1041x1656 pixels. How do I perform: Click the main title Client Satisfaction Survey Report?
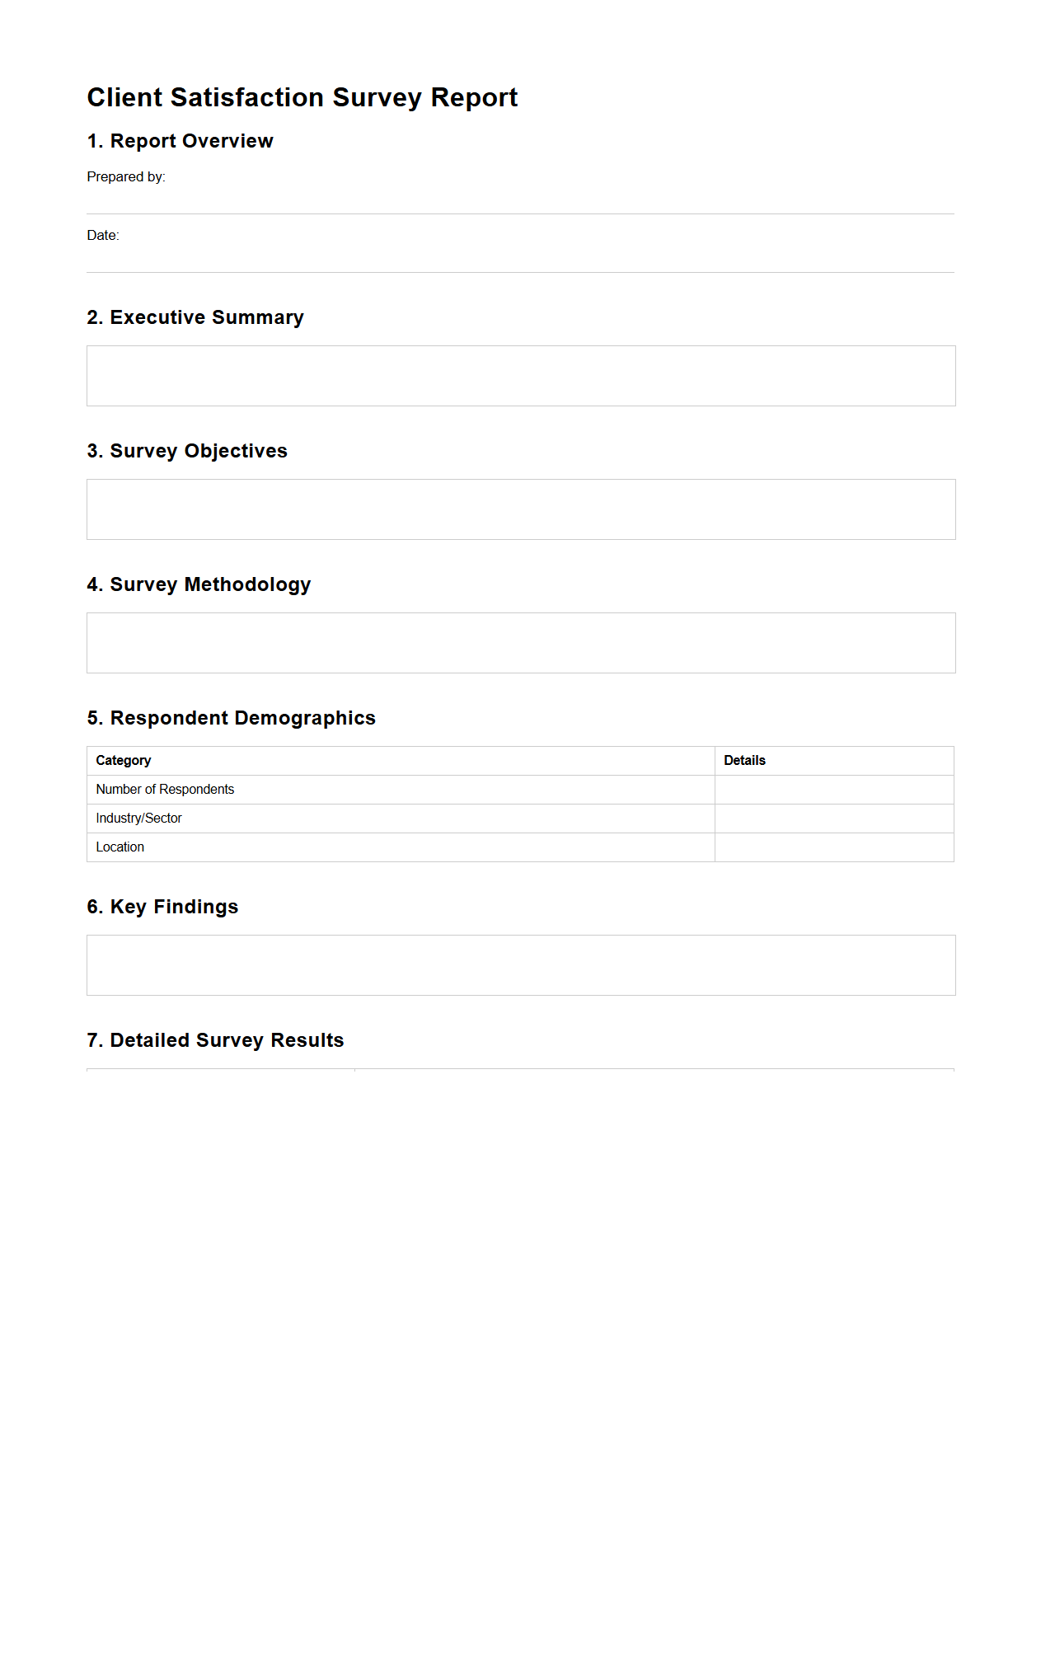point(302,97)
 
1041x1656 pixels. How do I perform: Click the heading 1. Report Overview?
point(180,141)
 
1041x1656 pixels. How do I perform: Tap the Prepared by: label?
point(126,176)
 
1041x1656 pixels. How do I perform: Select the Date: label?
point(103,235)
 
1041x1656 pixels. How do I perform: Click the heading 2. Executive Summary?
point(195,317)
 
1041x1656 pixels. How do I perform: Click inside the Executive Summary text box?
point(521,376)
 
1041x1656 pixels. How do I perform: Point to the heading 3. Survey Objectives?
point(187,451)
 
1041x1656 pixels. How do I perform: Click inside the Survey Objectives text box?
point(521,509)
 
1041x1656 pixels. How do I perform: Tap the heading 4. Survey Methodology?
point(199,584)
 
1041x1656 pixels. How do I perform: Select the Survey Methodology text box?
point(521,643)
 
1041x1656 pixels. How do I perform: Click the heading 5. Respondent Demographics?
point(231,718)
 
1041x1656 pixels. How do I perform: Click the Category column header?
point(124,760)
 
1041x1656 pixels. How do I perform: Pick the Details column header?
point(744,760)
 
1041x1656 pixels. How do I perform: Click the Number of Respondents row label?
point(165,789)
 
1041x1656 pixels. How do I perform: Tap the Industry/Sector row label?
point(138,818)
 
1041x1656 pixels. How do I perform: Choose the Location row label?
point(120,847)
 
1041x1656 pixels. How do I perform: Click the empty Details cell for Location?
point(833,847)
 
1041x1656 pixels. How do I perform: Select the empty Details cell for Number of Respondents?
point(833,790)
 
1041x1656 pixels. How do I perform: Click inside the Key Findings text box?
point(521,965)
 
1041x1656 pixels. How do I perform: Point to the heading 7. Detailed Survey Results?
point(215,1040)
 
